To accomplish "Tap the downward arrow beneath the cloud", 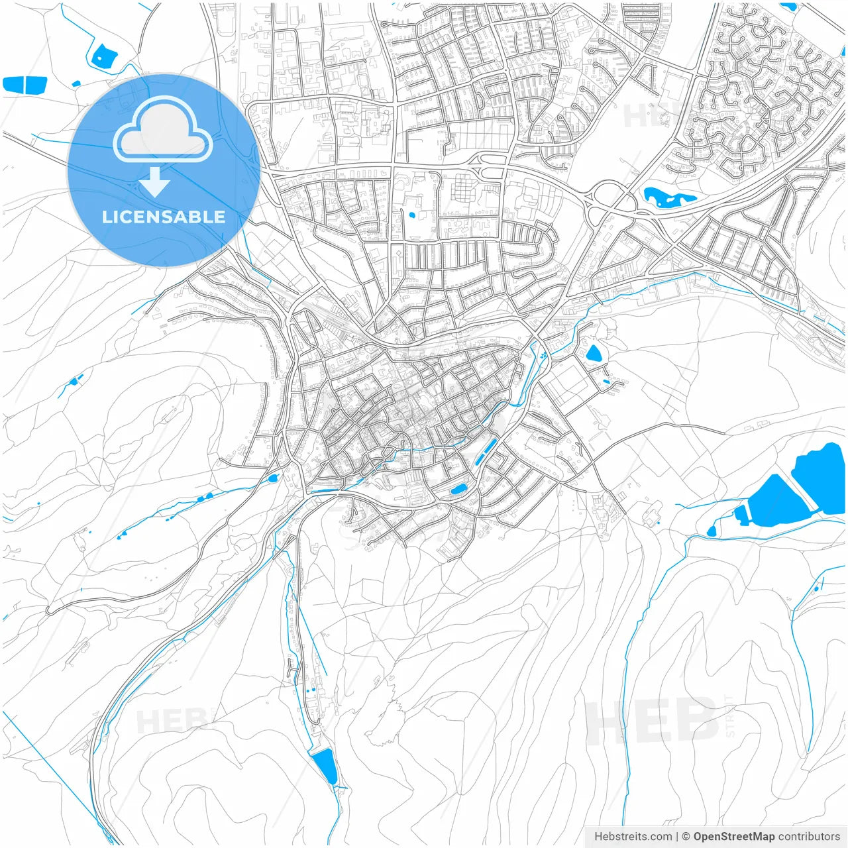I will pos(155,183).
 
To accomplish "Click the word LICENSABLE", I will pos(163,217).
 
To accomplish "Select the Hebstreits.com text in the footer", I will pos(633,837).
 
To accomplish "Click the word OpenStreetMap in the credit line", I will pos(734,837).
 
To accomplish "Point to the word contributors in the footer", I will pos(809,837).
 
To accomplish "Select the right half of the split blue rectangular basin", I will pos(36,84).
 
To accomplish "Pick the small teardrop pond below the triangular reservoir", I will pos(712,531).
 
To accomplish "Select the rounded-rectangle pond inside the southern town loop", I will pos(458,490).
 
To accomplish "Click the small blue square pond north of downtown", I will pos(413,215).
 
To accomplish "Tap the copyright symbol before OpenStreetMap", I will pos(686,837).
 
